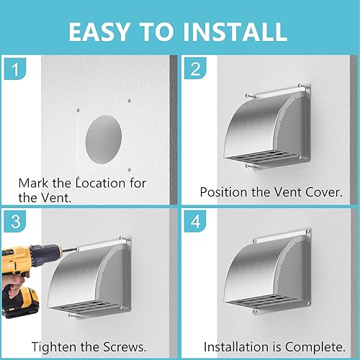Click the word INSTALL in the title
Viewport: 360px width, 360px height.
pos(235,32)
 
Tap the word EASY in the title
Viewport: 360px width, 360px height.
pos(99,32)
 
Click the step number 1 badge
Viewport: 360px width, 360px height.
pos(15,69)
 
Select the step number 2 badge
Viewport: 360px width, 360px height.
pos(195,68)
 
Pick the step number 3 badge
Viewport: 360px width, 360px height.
pos(15,222)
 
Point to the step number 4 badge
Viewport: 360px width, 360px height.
pos(195,221)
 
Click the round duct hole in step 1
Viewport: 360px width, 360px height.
pos(104,140)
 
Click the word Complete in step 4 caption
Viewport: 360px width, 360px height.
pos(315,347)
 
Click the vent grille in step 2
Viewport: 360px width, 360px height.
pos(263,157)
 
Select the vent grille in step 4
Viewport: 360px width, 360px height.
pos(263,302)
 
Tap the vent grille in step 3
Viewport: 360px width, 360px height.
pos(84,308)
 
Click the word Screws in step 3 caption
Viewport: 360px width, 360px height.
pos(125,347)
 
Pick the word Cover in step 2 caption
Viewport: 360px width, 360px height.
pos(323,192)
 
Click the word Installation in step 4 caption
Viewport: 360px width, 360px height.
pos(236,347)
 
